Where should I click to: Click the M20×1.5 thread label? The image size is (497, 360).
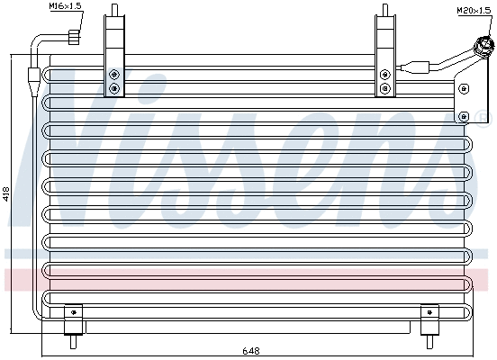point(473,10)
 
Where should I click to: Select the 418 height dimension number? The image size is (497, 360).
point(7,192)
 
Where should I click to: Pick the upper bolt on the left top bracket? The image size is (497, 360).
point(114,75)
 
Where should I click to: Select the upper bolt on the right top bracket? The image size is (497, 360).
point(385,75)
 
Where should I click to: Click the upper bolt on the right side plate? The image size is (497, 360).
point(464,87)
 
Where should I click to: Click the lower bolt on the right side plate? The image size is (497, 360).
point(464,115)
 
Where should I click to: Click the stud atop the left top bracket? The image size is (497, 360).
point(114,10)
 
